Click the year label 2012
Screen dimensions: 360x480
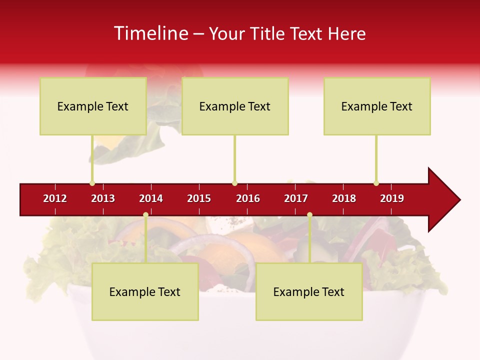click(55, 198)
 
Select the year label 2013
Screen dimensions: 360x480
click(103, 198)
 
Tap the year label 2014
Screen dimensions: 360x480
click(151, 198)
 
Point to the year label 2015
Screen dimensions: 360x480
click(199, 198)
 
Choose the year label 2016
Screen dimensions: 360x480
click(248, 198)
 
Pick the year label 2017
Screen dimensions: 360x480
click(296, 198)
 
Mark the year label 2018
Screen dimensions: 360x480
click(344, 198)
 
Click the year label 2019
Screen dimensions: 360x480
click(392, 198)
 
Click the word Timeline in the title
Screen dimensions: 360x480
click(150, 33)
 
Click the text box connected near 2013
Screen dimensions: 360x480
click(93, 106)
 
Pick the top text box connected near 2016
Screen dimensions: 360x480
click(235, 106)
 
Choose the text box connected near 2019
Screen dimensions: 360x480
click(377, 106)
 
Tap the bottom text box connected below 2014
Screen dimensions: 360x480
click(145, 291)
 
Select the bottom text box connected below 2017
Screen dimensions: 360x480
click(309, 291)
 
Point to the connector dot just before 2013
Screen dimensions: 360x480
click(92, 183)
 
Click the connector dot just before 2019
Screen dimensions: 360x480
click(376, 183)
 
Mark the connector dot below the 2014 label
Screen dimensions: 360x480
click(145, 215)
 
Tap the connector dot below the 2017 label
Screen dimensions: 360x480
click(309, 215)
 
